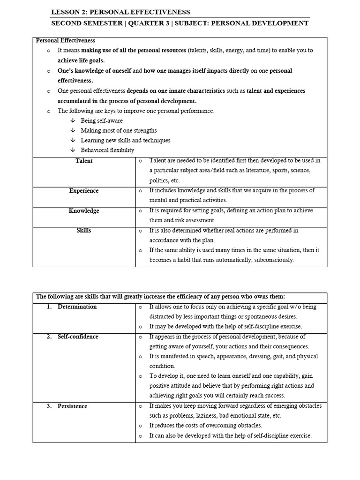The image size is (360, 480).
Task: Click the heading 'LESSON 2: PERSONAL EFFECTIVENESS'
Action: click(x=120, y=12)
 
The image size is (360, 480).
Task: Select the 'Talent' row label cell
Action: click(x=84, y=161)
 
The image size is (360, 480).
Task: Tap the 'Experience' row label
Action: click(x=84, y=191)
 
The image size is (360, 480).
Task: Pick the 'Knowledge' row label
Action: click(x=84, y=211)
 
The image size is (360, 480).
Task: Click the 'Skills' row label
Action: click(x=84, y=231)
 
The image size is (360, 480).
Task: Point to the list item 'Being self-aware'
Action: click(x=102, y=120)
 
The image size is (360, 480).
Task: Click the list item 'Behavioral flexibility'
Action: click(x=107, y=150)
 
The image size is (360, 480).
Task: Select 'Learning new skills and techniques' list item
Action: click(x=125, y=140)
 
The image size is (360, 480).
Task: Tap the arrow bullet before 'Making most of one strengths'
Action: click(x=73, y=130)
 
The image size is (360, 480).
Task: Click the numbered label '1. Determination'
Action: click(x=72, y=307)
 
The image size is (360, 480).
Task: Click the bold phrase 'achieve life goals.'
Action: click(x=81, y=60)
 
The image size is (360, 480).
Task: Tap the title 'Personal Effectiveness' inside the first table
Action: click(x=66, y=41)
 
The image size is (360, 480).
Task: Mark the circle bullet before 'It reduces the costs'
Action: click(x=140, y=426)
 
